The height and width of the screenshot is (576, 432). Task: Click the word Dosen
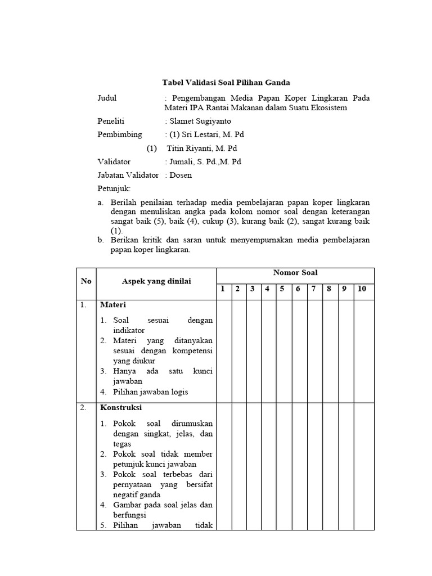pyautogui.click(x=181, y=175)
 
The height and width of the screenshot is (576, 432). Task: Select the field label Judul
pyautogui.click(x=107, y=98)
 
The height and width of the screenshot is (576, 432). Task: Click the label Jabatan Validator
pyautogui.click(x=128, y=175)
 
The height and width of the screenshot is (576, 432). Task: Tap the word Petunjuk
pyautogui.click(x=114, y=188)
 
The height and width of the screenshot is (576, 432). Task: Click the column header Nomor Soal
pyautogui.click(x=295, y=273)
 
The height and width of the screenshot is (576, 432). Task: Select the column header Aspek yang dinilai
pyautogui.click(x=156, y=281)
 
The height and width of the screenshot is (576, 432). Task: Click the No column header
pyautogui.click(x=86, y=281)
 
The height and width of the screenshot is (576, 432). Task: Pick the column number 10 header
pyautogui.click(x=362, y=289)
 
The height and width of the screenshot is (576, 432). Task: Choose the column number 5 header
pyautogui.click(x=283, y=289)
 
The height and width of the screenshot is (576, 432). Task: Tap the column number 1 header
pyautogui.click(x=223, y=289)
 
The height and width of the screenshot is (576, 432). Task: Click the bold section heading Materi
pyautogui.click(x=113, y=304)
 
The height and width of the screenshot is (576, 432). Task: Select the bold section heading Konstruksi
pyautogui.click(x=121, y=407)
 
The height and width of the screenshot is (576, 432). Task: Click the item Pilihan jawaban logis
pyautogui.click(x=150, y=391)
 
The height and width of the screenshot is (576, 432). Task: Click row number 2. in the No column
pyautogui.click(x=83, y=407)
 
